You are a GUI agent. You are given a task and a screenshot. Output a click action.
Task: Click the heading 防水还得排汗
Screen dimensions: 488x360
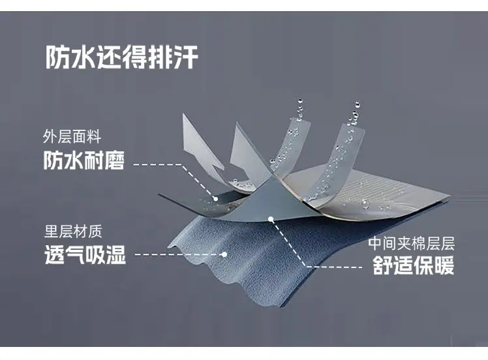click(x=122, y=57)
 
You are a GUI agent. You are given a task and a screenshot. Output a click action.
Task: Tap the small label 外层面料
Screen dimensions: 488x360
click(x=72, y=136)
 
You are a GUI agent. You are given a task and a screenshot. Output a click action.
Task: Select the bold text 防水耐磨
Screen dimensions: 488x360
click(x=84, y=160)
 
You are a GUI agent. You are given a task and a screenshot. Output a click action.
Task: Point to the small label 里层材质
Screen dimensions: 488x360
click(x=73, y=231)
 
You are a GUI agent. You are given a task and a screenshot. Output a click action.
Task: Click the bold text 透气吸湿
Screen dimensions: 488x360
click(x=85, y=254)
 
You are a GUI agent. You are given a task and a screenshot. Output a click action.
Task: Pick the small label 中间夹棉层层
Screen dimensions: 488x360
click(x=412, y=243)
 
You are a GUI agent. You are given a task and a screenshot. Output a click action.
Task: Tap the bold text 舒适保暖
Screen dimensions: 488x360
click(x=414, y=265)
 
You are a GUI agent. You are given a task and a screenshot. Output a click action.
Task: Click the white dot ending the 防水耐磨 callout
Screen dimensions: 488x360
click(x=215, y=198)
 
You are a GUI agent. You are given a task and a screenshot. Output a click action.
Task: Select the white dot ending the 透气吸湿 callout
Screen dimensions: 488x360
click(x=224, y=254)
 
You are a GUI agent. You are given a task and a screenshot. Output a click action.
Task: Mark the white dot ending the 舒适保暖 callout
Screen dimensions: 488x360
click(x=271, y=219)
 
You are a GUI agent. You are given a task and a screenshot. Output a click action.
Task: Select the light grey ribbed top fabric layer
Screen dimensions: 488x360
click(x=371, y=199)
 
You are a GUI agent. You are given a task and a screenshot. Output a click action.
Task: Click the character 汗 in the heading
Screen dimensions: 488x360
click(x=186, y=57)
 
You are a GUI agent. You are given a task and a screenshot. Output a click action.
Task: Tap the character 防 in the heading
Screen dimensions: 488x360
click(x=57, y=57)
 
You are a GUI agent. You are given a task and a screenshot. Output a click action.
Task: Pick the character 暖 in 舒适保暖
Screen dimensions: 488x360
click(x=444, y=265)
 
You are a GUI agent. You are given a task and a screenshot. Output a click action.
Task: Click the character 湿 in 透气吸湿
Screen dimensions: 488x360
click(x=116, y=254)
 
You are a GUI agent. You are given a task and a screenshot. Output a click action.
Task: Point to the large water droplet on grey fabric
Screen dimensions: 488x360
click(x=366, y=204)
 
